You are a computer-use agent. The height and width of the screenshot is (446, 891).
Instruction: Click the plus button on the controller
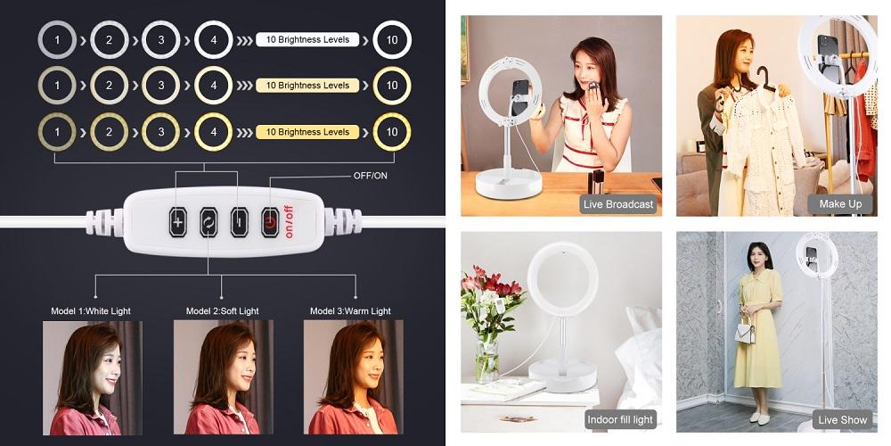click(178, 222)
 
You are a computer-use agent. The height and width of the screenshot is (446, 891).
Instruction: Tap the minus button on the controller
click(239, 222)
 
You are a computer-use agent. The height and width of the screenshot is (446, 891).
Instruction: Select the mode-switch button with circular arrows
click(208, 222)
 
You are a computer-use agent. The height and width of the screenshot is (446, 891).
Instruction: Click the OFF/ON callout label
click(370, 176)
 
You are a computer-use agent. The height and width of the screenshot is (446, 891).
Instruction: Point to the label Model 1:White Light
click(91, 311)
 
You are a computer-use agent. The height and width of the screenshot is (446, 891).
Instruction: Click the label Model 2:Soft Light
click(222, 311)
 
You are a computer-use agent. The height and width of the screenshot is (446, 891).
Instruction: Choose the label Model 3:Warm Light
click(350, 311)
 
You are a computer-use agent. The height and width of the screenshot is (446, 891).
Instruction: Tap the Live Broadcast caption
click(618, 204)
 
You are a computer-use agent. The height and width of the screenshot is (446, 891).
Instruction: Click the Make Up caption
click(840, 204)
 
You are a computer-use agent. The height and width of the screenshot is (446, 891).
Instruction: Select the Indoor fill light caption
click(620, 420)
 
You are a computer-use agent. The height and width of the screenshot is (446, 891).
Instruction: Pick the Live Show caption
click(842, 420)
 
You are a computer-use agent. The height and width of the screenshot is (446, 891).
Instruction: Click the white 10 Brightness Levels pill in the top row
click(307, 40)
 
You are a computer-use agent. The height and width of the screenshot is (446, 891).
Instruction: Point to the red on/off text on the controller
click(289, 222)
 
